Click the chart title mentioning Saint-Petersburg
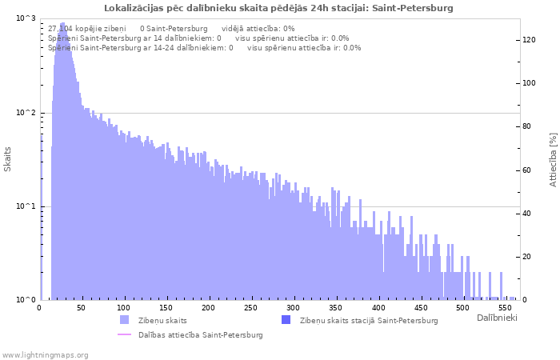(278, 8)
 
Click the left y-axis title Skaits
(8, 159)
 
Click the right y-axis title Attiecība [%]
(553, 160)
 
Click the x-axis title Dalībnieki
(497, 318)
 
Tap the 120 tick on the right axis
(530, 39)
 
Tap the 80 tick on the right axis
(527, 126)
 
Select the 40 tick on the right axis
(527, 214)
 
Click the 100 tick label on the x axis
(122, 308)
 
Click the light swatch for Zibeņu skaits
(125, 320)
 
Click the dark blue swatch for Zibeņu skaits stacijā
(286, 320)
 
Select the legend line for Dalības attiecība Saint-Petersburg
(125, 334)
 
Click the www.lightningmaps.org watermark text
(45, 354)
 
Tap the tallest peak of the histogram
(63, 24)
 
